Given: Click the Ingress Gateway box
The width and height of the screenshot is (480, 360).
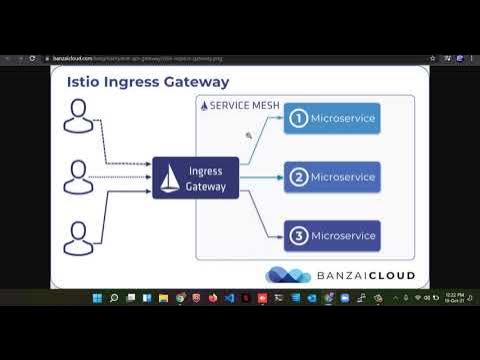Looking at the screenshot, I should point(195,178).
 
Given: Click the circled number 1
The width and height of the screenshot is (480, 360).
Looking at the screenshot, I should point(297,120).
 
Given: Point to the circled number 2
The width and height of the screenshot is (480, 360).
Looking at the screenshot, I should point(297,178).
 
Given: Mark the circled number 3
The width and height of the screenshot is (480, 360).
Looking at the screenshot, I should point(297,236).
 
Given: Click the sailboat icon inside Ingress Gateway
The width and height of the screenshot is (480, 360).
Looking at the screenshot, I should point(170,179).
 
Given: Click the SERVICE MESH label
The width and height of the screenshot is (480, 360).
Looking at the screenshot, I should point(236,105).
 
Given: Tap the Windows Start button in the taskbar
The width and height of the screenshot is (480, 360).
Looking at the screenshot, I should point(97,298).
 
